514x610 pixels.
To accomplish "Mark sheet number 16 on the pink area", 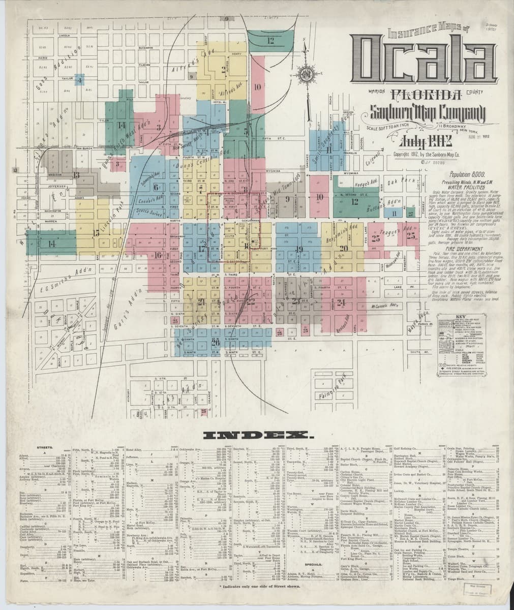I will click(158, 255).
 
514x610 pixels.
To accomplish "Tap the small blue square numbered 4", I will click(79, 79).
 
